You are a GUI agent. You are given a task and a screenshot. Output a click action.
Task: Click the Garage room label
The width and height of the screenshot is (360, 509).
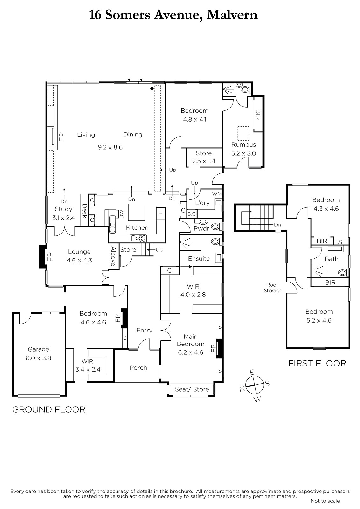click(x=39, y=349)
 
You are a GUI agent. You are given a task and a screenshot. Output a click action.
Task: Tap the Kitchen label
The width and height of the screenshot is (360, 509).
click(x=137, y=227)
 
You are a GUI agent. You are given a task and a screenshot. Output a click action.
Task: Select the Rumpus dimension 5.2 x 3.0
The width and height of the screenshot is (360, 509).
click(x=244, y=153)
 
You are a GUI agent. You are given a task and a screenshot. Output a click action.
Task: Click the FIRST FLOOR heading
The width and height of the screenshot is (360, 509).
click(x=317, y=364)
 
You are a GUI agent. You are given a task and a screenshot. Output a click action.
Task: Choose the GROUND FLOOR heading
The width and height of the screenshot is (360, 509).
click(x=49, y=409)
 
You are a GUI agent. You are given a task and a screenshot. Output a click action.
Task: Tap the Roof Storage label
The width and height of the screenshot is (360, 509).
click(x=273, y=288)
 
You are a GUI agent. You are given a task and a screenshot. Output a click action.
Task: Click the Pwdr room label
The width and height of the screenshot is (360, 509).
click(x=201, y=228)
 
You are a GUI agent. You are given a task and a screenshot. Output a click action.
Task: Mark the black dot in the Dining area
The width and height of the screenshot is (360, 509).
click(x=152, y=89)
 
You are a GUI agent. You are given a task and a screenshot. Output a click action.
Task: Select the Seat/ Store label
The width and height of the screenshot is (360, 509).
click(x=192, y=389)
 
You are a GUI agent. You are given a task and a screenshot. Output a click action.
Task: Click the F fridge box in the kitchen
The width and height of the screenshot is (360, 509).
click(x=160, y=213)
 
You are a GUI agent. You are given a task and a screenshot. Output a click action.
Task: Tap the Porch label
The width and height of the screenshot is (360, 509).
click(x=138, y=368)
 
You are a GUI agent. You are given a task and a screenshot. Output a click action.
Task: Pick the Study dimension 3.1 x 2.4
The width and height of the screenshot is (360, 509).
click(x=63, y=218)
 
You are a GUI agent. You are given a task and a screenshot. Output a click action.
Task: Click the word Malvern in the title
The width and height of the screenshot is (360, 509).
click(x=232, y=15)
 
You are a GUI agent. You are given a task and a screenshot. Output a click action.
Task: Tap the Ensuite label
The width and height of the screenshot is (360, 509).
click(x=199, y=259)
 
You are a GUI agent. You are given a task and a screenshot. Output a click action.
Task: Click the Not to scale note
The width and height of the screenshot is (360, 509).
click(x=325, y=501)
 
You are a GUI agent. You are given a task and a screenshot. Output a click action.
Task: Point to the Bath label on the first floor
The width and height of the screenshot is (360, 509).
click(x=332, y=259)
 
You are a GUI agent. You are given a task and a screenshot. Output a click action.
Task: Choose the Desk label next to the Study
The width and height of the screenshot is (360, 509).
click(x=85, y=211)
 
